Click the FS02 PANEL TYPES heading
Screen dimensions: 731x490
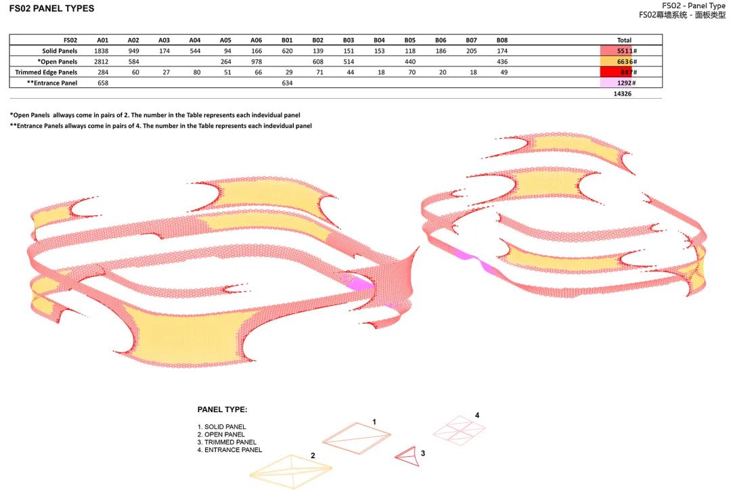click(x=51, y=8)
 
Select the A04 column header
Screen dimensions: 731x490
click(x=195, y=40)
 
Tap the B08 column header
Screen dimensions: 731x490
click(x=502, y=40)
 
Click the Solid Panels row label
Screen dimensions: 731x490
click(x=60, y=51)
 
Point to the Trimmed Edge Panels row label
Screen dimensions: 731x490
click(x=46, y=72)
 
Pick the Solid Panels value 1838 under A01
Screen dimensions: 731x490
click(x=101, y=51)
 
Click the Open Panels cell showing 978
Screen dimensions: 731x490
click(x=257, y=62)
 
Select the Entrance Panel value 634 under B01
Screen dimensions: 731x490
click(x=287, y=83)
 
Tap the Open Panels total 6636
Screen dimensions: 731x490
click(x=625, y=62)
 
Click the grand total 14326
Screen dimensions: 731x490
click(x=623, y=93)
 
